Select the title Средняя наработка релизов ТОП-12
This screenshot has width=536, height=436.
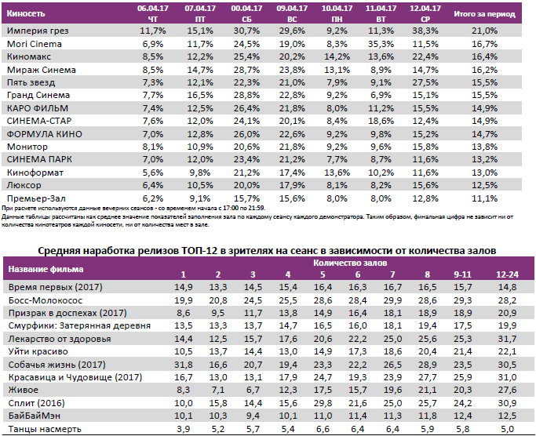pyautogui.click(x=267, y=250)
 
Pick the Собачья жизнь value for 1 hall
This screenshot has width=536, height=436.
pyautogui.click(x=182, y=365)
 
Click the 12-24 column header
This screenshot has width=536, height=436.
pyautogui.click(x=507, y=274)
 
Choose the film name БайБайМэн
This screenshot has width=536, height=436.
pyautogui.click(x=34, y=416)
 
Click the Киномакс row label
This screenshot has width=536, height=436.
pyautogui.click(x=29, y=56)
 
